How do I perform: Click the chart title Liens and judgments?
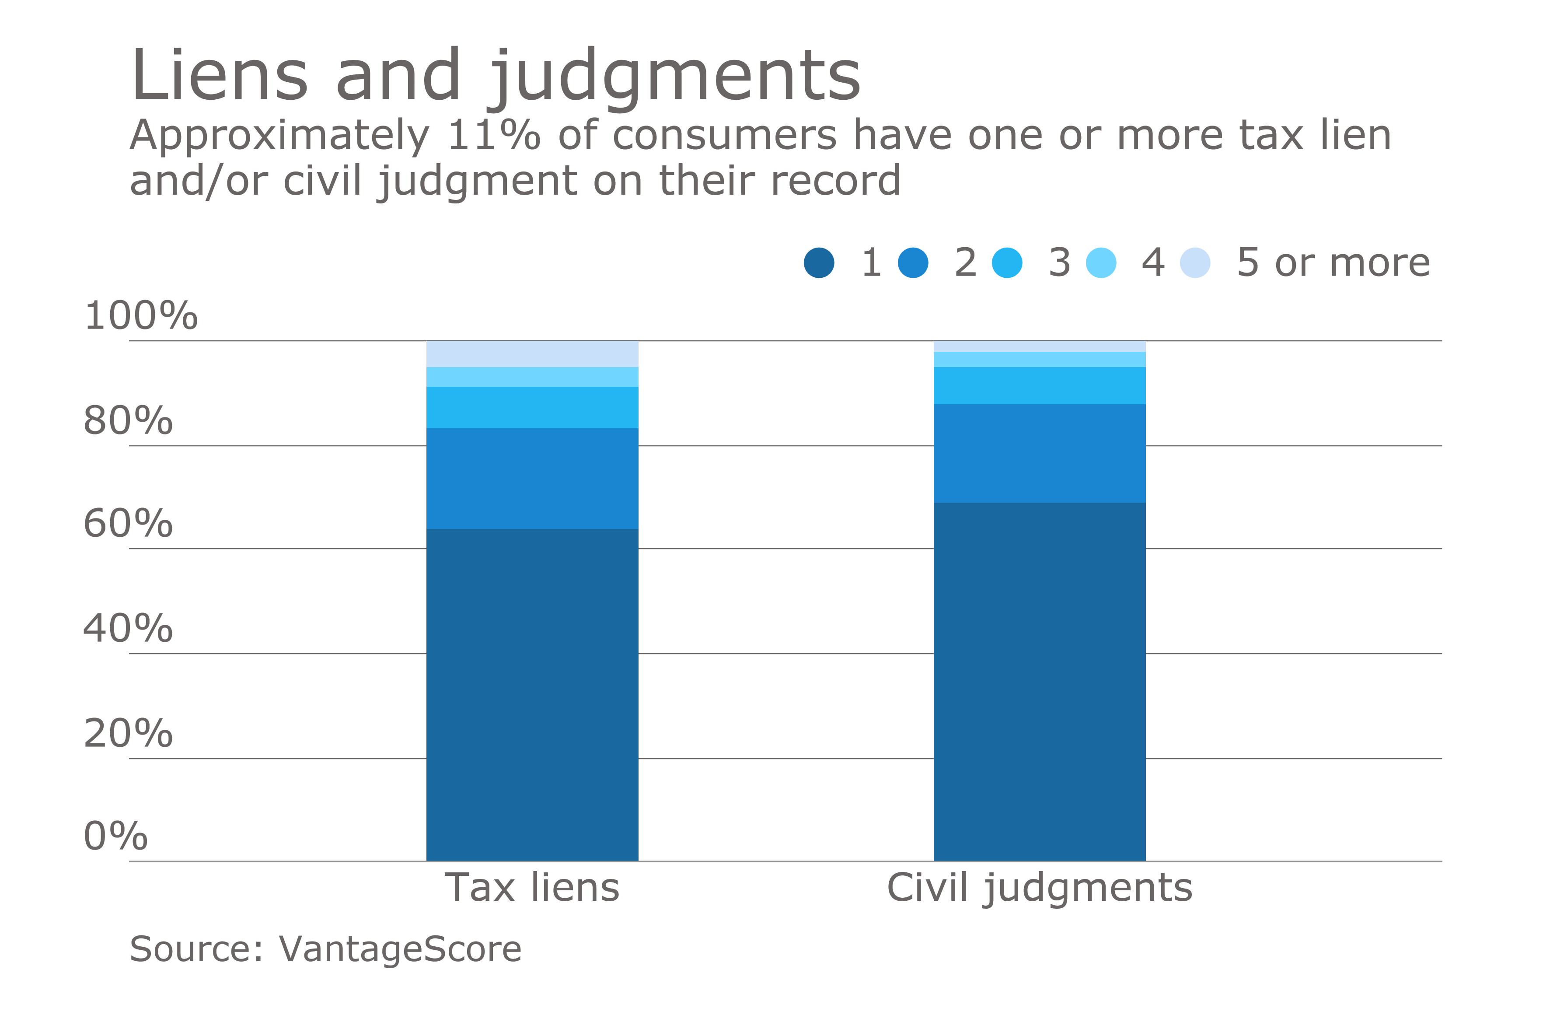click(x=495, y=77)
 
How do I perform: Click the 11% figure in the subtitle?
click(x=493, y=136)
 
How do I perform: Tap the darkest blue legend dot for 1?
click(x=819, y=263)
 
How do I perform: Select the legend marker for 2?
click(x=913, y=263)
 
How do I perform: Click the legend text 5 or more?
click(x=1333, y=263)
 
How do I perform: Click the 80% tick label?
click(x=128, y=421)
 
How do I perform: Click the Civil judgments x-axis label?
click(x=1040, y=888)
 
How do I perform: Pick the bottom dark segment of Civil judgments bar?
click(x=1040, y=681)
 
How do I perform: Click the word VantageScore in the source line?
click(x=400, y=949)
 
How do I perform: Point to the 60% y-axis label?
click(x=128, y=524)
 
